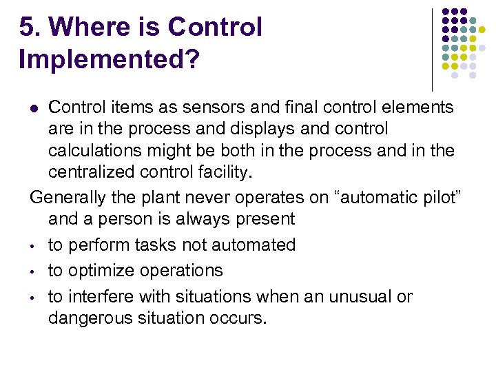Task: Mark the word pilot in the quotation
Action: click(x=442, y=197)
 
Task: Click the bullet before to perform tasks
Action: click(x=33, y=246)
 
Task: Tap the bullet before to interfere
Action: click(x=33, y=298)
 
